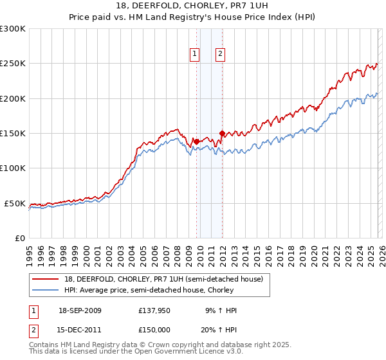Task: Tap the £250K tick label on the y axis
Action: pyautogui.click(x=13, y=64)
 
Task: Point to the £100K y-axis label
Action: pyautogui.click(x=13, y=168)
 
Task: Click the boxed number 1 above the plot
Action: pyautogui.click(x=194, y=55)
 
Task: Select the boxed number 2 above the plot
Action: pyautogui.click(x=220, y=55)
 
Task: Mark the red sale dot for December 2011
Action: pyautogui.click(x=222, y=134)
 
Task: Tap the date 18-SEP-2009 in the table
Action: pyautogui.click(x=80, y=310)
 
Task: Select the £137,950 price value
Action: pyautogui.click(x=154, y=310)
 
